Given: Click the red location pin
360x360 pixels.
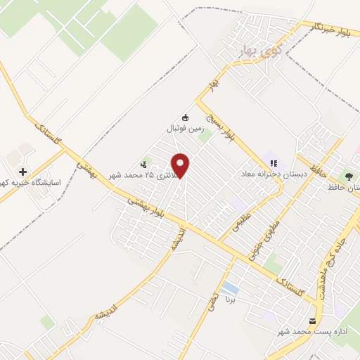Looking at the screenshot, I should (x=181, y=166).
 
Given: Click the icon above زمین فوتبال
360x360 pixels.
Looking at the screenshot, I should (x=185, y=117).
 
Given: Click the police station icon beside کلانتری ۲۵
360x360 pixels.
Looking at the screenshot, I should (x=144, y=165).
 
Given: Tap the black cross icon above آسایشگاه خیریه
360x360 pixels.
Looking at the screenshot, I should (x=22, y=172).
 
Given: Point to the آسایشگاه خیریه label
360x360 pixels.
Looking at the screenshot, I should (x=32, y=184).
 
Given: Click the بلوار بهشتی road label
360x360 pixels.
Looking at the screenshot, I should (x=148, y=209).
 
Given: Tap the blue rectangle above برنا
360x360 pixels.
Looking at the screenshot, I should (x=229, y=288).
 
